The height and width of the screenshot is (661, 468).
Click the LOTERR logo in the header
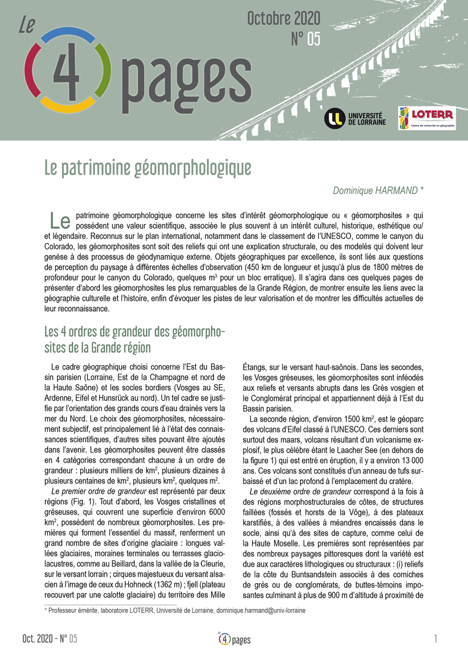point(426,118)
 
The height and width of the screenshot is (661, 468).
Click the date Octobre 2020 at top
point(283,19)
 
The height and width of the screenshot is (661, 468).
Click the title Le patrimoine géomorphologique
point(147,167)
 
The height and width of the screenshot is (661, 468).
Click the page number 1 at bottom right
point(435,639)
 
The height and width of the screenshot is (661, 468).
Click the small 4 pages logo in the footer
point(234,639)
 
